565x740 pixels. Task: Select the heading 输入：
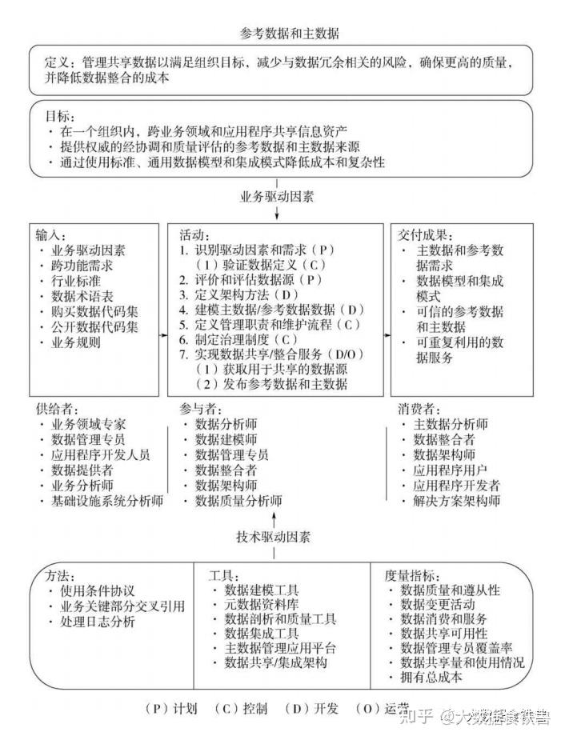pos(50,235)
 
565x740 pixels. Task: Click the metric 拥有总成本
pos(431,677)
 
